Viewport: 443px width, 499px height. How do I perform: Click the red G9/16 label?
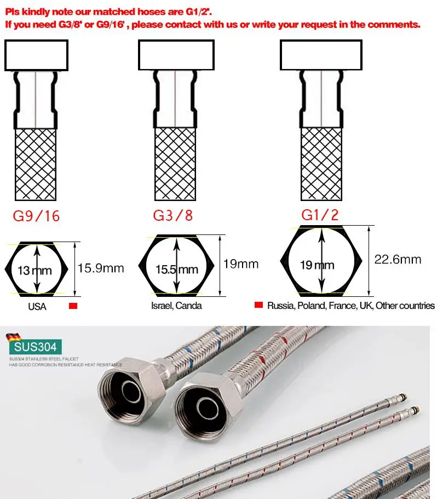click(36, 216)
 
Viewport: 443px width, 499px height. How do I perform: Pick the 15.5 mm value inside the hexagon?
click(177, 269)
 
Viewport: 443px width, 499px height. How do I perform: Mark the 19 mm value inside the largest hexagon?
click(317, 265)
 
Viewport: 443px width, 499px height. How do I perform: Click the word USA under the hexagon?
click(37, 306)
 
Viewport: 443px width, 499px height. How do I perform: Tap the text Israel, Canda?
click(176, 306)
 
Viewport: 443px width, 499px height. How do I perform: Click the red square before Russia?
click(259, 305)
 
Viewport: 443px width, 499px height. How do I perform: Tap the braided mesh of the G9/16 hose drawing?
click(36, 164)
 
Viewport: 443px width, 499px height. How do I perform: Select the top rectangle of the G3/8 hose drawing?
click(174, 55)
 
